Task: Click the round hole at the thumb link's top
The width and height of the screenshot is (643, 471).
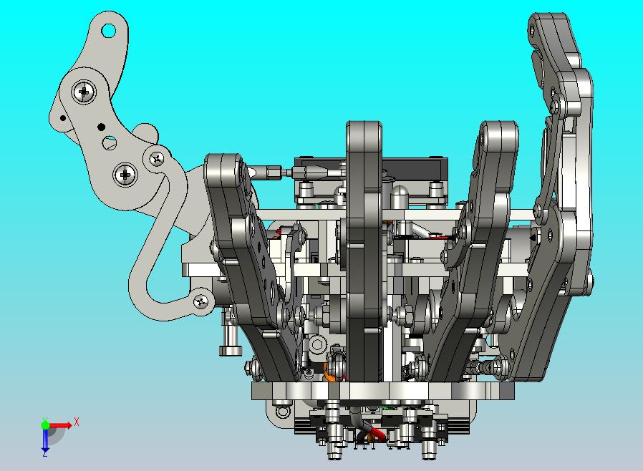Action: coord(108,31)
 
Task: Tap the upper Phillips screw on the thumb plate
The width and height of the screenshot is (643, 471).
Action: coord(84,92)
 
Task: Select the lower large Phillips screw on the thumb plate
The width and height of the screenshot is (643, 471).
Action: coord(125,175)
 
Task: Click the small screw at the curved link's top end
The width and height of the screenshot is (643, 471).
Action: coord(157,158)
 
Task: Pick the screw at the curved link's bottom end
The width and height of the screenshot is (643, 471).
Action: coord(200,302)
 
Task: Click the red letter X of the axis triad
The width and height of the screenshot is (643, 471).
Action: coord(77,422)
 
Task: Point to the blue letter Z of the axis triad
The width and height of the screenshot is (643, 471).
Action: coord(45,453)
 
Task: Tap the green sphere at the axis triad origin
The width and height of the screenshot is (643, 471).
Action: coord(45,424)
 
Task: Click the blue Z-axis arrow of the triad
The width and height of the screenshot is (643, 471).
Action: coord(45,439)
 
